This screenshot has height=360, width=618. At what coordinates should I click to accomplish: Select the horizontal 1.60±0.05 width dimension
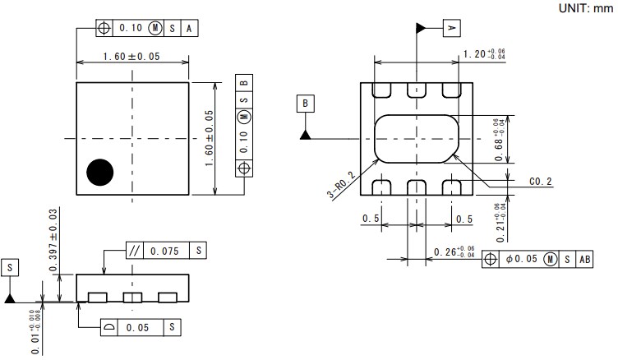coord(131,57)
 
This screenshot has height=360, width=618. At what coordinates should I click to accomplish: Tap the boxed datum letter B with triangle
coord(305,104)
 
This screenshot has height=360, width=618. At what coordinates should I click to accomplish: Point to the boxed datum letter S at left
coord(10,268)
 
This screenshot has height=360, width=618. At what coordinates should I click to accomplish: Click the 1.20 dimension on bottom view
coord(484,53)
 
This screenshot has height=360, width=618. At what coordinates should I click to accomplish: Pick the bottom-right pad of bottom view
coord(450,187)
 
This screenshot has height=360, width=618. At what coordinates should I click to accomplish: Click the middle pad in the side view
coord(131,297)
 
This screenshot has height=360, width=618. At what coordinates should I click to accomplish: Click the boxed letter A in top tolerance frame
coord(190,27)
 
